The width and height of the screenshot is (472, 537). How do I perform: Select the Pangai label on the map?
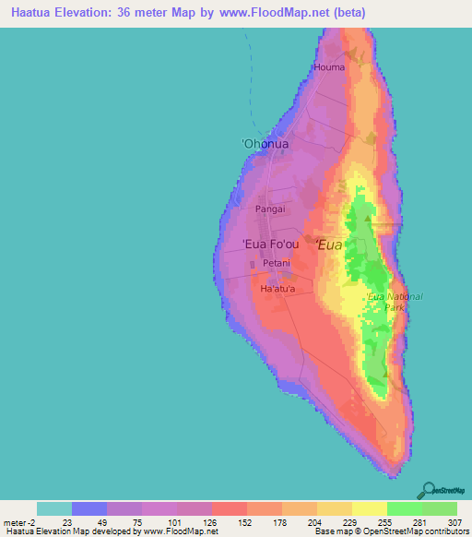click(270, 209)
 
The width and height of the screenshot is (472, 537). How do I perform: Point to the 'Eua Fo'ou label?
click(270, 245)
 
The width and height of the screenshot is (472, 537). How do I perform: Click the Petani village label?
click(277, 264)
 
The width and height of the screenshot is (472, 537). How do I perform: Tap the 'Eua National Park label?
click(394, 302)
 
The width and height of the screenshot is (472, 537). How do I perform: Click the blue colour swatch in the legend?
click(89, 508)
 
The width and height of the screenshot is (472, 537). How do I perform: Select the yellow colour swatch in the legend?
click(370, 508)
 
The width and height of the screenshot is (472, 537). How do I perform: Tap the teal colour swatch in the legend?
click(54, 508)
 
